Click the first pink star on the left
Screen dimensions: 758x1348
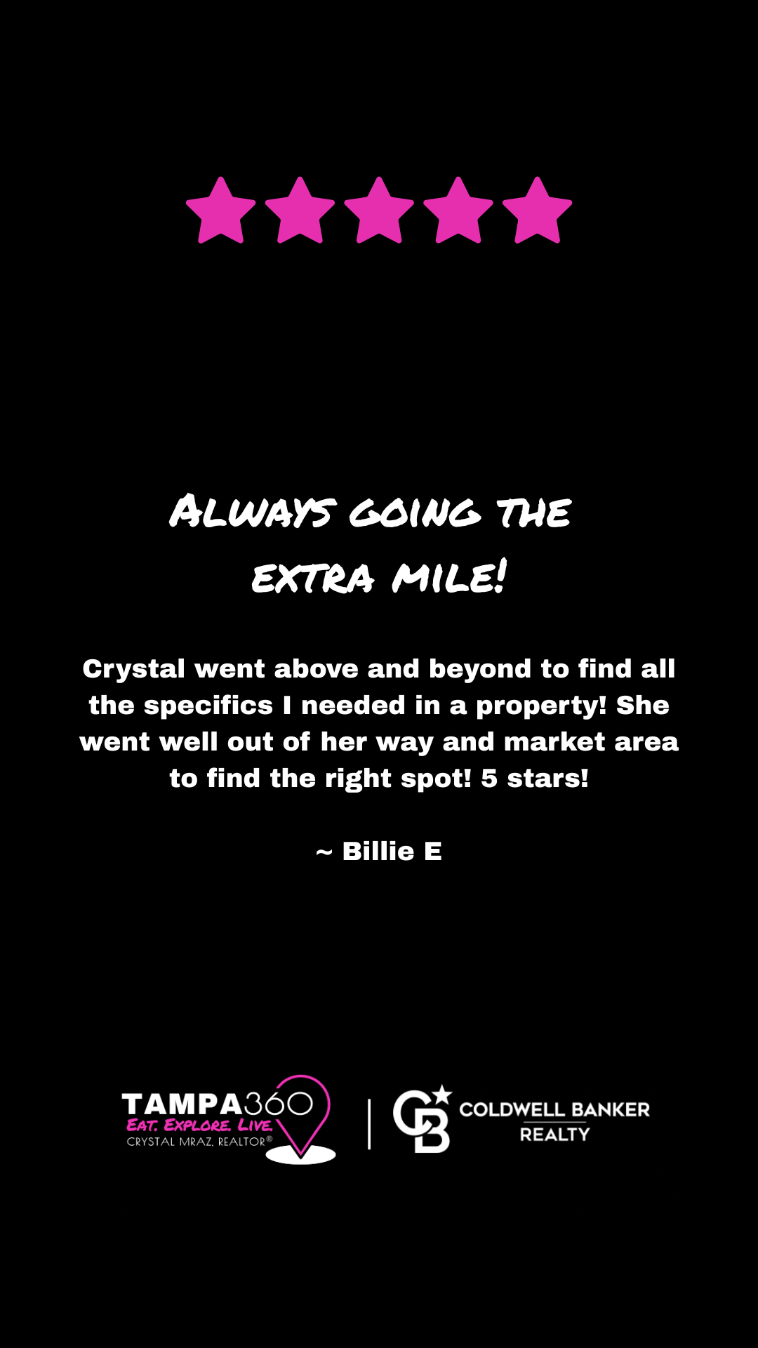(221, 211)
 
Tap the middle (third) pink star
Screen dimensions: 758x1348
(379, 211)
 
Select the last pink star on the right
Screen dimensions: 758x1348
(538, 211)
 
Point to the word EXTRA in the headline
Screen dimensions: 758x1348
(312, 579)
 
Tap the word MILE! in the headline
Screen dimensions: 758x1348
(449, 576)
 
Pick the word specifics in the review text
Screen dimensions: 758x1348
(208, 706)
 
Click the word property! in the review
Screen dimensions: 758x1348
(541, 706)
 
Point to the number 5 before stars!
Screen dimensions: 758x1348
(489, 779)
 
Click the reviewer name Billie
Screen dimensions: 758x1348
(378, 851)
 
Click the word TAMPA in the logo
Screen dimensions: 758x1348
(182, 1104)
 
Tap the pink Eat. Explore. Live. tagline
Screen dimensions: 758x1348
(199, 1125)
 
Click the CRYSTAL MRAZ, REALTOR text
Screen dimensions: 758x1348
(199, 1142)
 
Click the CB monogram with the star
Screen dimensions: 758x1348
(422, 1119)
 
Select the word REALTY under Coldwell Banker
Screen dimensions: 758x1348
(554, 1134)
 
